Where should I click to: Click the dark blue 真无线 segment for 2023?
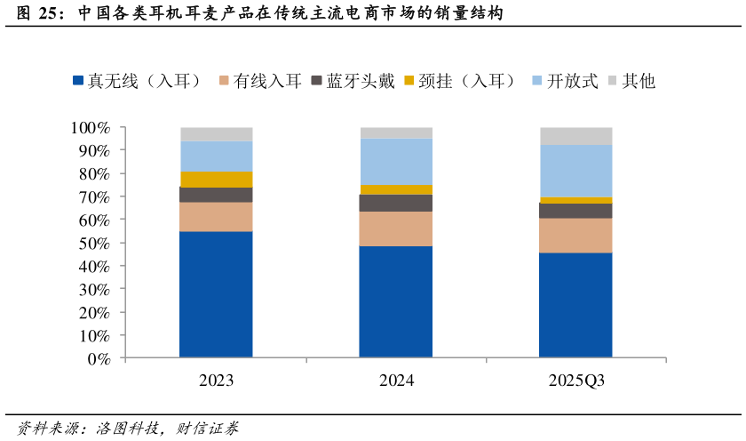click(x=216, y=294)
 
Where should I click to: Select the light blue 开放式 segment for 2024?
click(x=396, y=161)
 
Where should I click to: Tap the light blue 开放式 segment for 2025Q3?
click(x=575, y=171)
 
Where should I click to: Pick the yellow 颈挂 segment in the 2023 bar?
click(x=216, y=180)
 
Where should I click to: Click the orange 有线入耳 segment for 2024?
click(x=396, y=229)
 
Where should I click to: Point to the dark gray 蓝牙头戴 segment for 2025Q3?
click(x=575, y=211)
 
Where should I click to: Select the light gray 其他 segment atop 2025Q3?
click(x=575, y=136)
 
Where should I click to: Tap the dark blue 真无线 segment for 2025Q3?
click(x=575, y=305)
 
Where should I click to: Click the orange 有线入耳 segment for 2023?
click(x=216, y=217)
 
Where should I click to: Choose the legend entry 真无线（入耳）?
click(x=142, y=81)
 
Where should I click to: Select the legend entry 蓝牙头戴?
click(x=353, y=81)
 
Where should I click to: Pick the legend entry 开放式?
click(x=561, y=81)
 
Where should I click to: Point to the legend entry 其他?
click(x=631, y=81)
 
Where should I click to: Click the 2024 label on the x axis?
click(x=396, y=381)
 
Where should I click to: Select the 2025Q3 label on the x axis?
click(x=575, y=381)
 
